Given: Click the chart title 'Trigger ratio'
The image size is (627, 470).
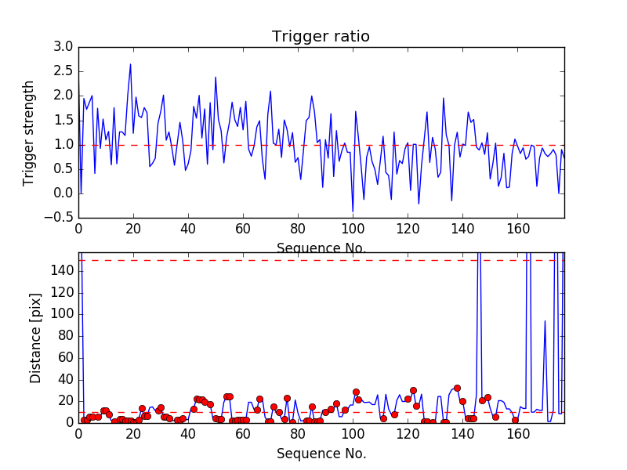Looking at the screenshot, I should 321,37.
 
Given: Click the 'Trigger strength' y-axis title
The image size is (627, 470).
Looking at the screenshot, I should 29,132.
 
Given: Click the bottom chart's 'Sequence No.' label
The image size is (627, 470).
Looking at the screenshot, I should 321,454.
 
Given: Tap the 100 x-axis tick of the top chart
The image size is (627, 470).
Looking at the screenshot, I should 353,229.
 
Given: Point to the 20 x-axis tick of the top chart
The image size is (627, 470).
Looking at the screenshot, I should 133,229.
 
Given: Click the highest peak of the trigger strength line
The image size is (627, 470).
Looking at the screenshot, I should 131,64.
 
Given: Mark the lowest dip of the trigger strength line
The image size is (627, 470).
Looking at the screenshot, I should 353,211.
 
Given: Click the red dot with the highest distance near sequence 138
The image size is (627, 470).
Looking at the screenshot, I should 457,388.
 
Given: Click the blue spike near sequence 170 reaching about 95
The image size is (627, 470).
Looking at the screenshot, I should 545,320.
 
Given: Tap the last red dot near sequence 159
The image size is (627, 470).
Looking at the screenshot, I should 515,421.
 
